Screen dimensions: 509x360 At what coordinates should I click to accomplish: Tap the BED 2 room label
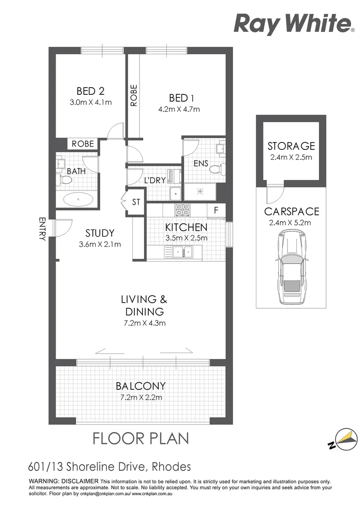pyautogui.click(x=90, y=91)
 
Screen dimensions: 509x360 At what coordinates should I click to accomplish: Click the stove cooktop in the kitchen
pyautogui.click(x=182, y=209)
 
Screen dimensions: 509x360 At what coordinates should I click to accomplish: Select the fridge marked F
pyautogui.click(x=216, y=211)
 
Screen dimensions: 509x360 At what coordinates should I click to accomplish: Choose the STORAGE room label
pyautogui.click(x=291, y=146)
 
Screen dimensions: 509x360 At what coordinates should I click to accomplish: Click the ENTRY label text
pyautogui.click(x=42, y=230)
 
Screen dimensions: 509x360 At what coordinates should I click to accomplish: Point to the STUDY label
pyautogui.click(x=100, y=233)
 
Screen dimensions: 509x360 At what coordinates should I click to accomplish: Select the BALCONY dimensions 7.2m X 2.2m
pyautogui.click(x=141, y=397)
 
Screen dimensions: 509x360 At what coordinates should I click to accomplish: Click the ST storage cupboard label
pyautogui.click(x=136, y=202)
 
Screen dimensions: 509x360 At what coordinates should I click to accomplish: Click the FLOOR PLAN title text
pyautogui.click(x=140, y=438)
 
